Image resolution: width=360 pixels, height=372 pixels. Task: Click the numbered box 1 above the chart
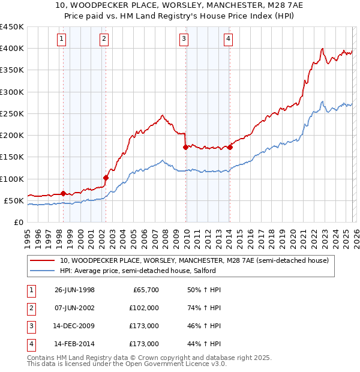coord(62,40)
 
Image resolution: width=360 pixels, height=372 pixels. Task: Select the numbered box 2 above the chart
coord(104,40)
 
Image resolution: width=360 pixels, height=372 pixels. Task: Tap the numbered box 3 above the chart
coord(184,40)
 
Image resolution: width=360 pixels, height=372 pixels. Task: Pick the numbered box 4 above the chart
coord(229,40)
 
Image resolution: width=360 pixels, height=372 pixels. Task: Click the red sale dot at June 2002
coord(106,178)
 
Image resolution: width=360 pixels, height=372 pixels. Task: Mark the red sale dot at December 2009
coord(185,147)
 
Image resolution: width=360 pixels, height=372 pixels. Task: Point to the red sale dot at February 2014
coord(230,147)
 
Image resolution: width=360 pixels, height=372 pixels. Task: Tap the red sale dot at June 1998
coord(64,193)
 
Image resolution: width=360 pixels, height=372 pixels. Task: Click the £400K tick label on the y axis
coord(11,49)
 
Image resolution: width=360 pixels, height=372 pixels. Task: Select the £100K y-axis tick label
coord(11,179)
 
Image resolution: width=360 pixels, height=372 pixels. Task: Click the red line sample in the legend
coord(41,261)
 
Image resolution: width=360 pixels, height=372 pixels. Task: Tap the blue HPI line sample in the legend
coord(41,271)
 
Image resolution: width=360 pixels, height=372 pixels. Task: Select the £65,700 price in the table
coord(146,290)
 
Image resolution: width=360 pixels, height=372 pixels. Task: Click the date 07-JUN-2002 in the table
coord(74,308)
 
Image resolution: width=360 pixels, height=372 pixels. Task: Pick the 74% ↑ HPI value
coord(204,308)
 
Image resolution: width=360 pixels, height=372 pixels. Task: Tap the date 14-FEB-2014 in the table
coord(74,344)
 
